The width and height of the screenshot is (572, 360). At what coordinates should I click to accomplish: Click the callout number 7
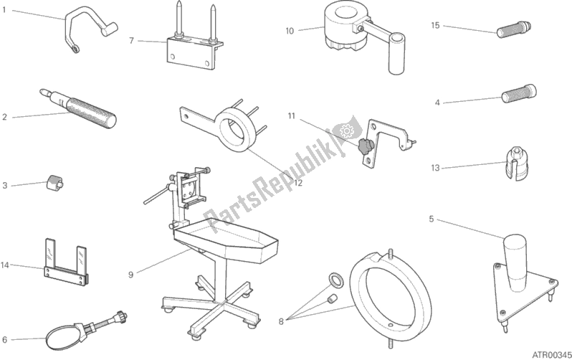pos(131,40)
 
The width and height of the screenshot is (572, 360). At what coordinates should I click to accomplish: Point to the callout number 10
pos(290,30)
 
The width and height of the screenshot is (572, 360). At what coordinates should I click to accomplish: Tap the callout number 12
pos(298,183)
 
